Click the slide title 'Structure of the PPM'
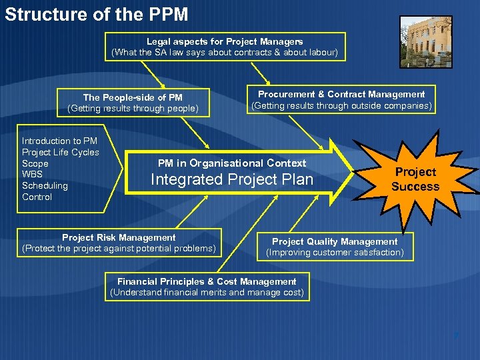tap(97, 14)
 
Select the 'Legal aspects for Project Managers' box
tap(225, 47)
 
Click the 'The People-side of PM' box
tap(133, 103)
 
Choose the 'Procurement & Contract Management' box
tap(341, 100)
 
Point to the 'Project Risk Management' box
tap(119, 243)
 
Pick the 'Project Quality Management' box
tap(335, 247)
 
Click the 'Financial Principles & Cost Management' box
tap(207, 287)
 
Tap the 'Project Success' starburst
tap(415, 179)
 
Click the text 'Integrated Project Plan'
tap(232, 179)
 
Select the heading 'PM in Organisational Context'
tap(232, 163)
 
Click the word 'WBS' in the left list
tap(32, 174)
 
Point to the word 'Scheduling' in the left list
tap(45, 185)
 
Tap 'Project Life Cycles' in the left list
tap(60, 152)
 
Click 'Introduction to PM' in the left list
tap(59, 141)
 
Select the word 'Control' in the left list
tap(37, 197)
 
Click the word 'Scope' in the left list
tap(35, 163)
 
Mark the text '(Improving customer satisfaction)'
tap(335, 252)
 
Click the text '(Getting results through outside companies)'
tap(341, 105)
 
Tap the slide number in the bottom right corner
tap(456, 333)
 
